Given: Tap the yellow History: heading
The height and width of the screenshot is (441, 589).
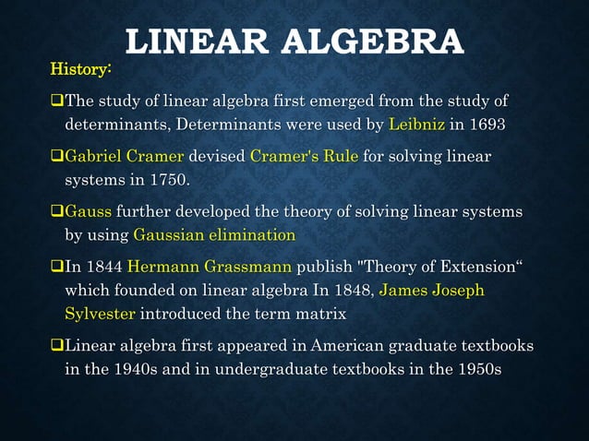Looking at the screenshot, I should (81, 69).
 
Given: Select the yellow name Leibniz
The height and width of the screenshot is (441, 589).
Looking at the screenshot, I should (418, 123).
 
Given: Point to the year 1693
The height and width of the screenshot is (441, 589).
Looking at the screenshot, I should (487, 123).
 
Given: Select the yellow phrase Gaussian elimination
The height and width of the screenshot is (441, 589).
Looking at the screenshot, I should (214, 234).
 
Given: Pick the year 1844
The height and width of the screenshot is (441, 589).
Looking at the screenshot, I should (105, 268).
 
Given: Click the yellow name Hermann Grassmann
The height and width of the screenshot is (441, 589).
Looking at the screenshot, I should (210, 268).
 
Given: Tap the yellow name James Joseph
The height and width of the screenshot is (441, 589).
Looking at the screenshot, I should (431, 291).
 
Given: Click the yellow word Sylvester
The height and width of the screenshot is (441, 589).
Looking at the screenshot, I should (101, 313).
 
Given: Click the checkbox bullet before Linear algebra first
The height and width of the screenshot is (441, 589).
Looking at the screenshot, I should (56, 346).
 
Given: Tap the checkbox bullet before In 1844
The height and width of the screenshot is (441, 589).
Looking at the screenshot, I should (56, 268).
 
